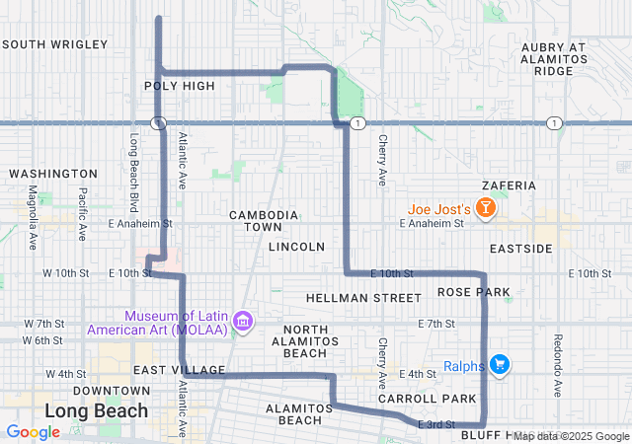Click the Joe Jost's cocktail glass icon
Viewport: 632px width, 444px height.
485,208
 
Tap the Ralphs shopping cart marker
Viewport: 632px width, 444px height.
499,365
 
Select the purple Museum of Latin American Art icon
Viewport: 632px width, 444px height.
243,321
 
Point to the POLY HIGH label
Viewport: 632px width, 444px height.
179,86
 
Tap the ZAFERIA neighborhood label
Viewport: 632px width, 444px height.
509,185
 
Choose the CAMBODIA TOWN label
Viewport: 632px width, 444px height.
264,221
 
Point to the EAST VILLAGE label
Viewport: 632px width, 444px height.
171,369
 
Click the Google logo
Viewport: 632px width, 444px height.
33,432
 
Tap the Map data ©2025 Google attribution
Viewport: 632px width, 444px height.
570,436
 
